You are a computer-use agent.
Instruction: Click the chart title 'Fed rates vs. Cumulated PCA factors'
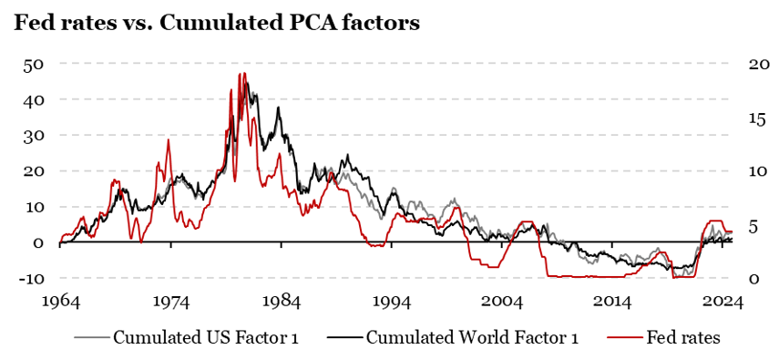[217, 24]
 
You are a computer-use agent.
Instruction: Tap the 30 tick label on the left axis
[34, 135]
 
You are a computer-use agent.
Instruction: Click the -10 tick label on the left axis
[31, 278]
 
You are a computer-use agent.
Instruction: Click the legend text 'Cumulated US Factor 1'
[205, 337]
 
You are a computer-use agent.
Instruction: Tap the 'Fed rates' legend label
[683, 337]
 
